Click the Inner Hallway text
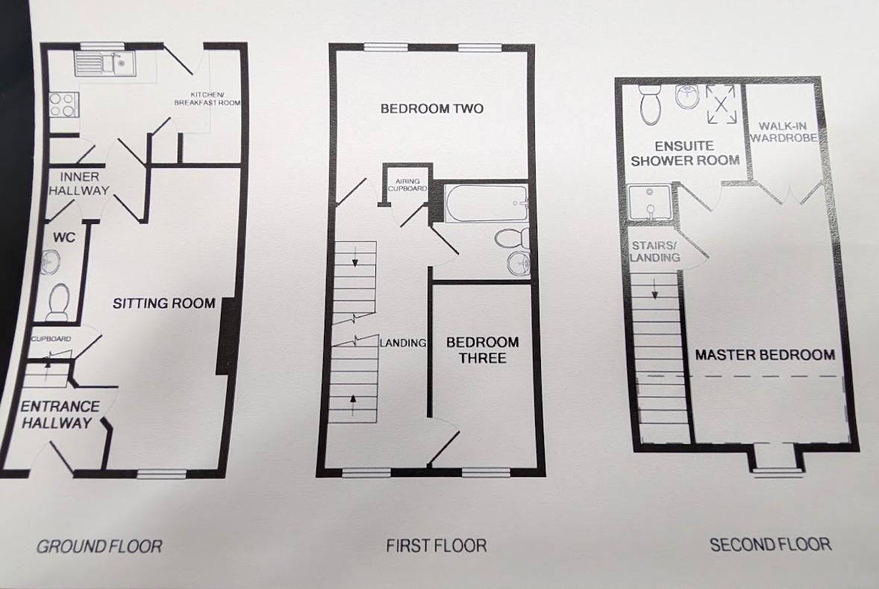click(79, 184)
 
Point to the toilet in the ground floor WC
click(57, 302)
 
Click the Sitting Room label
click(164, 303)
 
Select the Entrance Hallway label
click(60, 415)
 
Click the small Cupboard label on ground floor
click(51, 339)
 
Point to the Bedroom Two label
click(431, 109)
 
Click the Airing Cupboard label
click(407, 185)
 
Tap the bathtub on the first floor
click(485, 202)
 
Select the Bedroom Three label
click(482, 350)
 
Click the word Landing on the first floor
click(403, 343)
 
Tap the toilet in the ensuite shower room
click(650, 103)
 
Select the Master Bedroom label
click(764, 355)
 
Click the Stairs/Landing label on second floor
click(655, 251)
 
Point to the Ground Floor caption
click(98, 546)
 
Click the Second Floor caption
click(769, 544)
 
